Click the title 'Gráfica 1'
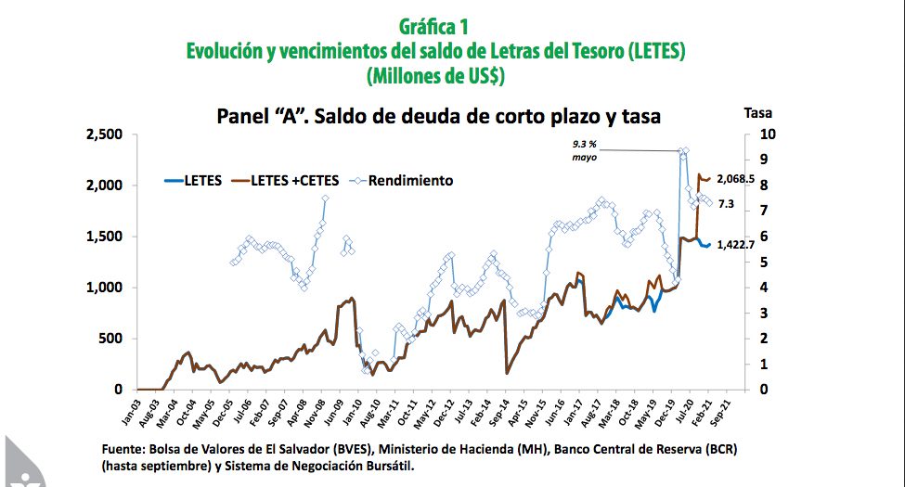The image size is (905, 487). pyautogui.click(x=436, y=26)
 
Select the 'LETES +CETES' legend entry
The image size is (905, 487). pyautogui.click(x=294, y=180)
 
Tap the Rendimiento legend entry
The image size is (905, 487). pyautogui.click(x=410, y=180)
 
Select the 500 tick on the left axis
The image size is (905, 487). pyautogui.click(x=110, y=339)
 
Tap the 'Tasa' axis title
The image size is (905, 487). pyautogui.click(x=758, y=113)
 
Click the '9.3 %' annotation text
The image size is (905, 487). pyautogui.click(x=587, y=144)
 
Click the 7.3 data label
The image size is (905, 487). pyautogui.click(x=726, y=204)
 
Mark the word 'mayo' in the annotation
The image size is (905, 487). pyautogui.click(x=586, y=158)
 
